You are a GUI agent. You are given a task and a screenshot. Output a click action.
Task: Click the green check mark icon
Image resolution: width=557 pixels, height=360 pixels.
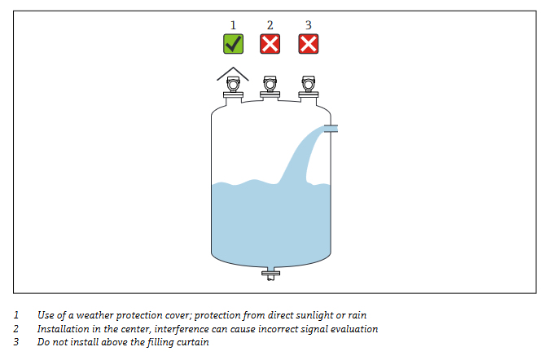234,44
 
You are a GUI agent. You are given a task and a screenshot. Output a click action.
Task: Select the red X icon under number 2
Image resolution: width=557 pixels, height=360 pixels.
270,44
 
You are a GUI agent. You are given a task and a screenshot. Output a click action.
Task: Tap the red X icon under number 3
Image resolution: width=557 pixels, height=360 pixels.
309,44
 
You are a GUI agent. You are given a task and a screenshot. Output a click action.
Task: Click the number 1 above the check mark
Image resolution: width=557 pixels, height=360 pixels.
233,25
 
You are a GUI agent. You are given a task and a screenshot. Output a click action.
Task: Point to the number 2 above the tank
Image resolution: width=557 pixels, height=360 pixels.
270,25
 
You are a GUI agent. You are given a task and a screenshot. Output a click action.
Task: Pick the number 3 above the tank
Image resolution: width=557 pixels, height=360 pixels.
309,25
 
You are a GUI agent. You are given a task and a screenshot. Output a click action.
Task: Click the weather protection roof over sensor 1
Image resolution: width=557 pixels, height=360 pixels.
233,74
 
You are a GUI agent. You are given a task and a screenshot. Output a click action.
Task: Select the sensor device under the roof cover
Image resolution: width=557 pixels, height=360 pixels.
234,86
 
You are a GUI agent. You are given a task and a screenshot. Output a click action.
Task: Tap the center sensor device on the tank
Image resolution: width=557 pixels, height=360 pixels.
270,86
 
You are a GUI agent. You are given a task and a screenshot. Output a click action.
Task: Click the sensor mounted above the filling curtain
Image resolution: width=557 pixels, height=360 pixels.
309,86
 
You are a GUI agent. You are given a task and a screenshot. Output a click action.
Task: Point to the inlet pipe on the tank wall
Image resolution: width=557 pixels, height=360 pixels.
331,129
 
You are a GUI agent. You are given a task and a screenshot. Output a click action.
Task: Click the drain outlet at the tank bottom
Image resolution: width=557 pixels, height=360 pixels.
270,274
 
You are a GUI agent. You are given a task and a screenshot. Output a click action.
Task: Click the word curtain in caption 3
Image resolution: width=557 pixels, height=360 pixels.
195,342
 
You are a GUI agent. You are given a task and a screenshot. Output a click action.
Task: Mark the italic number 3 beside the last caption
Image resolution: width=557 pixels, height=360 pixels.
16,342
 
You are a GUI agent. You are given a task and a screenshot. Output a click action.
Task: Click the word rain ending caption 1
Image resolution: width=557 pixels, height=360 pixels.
357,315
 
